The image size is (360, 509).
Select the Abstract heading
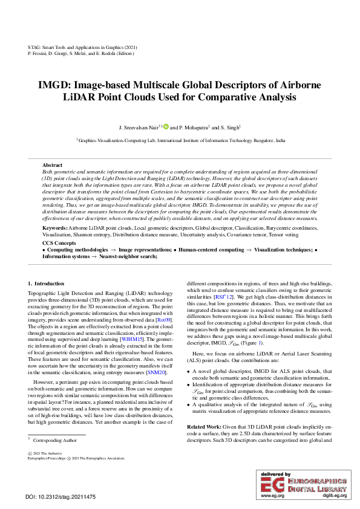[x=53, y=164]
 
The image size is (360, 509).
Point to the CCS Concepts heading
[x=59, y=242]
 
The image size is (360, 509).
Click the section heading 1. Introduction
[x=46, y=283]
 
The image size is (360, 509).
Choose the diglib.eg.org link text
[x=334, y=496]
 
